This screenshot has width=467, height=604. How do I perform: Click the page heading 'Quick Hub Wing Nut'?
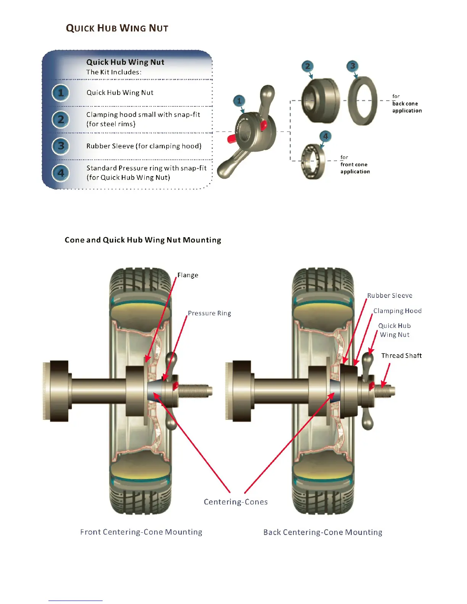point(117,28)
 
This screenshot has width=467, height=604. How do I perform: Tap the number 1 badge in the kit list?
point(61,93)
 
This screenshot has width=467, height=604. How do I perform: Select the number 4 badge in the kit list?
point(61,173)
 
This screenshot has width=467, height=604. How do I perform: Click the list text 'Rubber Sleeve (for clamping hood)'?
point(144,146)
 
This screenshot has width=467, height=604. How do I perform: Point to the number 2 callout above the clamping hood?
point(308,66)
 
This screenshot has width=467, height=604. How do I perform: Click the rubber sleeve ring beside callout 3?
point(362,101)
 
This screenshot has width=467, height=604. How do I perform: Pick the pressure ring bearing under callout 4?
point(313,161)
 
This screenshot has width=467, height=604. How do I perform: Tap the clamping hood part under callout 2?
point(320,101)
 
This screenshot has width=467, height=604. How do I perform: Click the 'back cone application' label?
point(407,104)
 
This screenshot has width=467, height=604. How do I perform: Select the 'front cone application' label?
point(355,165)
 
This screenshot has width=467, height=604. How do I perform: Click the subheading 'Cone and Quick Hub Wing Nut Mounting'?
point(143,240)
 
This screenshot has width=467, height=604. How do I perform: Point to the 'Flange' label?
point(188,275)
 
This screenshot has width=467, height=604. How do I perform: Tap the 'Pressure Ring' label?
point(209,313)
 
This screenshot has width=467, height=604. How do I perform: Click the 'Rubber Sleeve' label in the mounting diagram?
point(390,296)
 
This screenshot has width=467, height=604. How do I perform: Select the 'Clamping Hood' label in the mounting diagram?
point(397,311)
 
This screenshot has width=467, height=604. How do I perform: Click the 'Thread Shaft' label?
point(401,355)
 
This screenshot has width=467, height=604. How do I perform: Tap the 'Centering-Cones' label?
point(235,502)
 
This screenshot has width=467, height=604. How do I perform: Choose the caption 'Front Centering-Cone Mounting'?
point(141,532)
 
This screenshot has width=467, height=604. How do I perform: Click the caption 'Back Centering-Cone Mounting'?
point(323,532)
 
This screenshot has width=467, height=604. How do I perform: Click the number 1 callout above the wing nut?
point(239,101)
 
